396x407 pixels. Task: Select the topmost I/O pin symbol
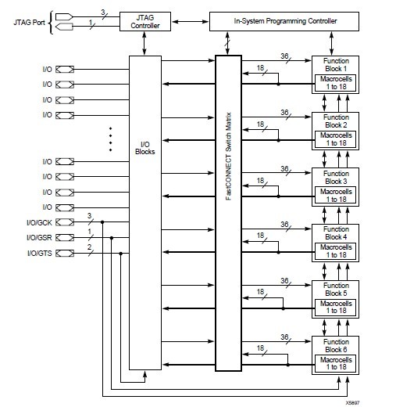click(x=66, y=70)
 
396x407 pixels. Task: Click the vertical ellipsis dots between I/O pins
click(x=111, y=138)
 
